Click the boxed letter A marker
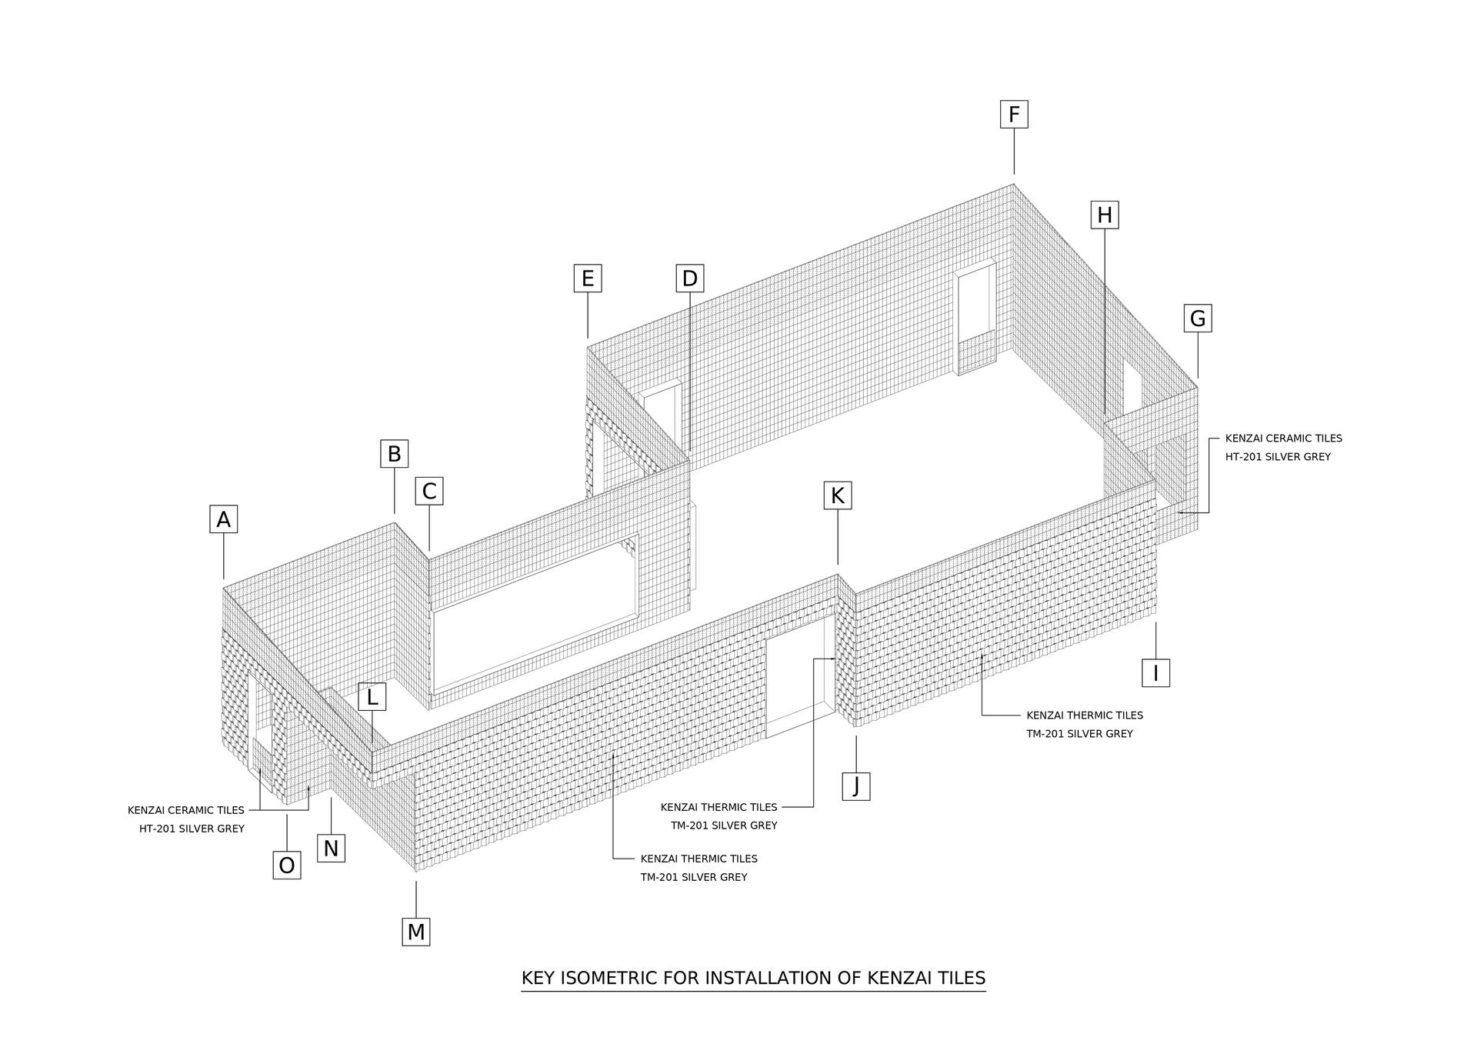(223, 519)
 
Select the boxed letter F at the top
(1014, 115)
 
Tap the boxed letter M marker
(416, 932)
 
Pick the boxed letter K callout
(838, 495)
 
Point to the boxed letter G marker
(1198, 318)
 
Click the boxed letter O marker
(287, 866)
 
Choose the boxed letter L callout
(372, 697)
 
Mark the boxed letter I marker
(1155, 673)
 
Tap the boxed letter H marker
(1105, 215)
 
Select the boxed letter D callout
(690, 278)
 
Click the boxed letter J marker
(856, 786)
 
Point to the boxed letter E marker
(588, 278)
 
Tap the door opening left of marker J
(800, 675)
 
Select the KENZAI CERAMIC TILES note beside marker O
(186, 810)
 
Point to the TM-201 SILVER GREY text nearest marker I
(1079, 734)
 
